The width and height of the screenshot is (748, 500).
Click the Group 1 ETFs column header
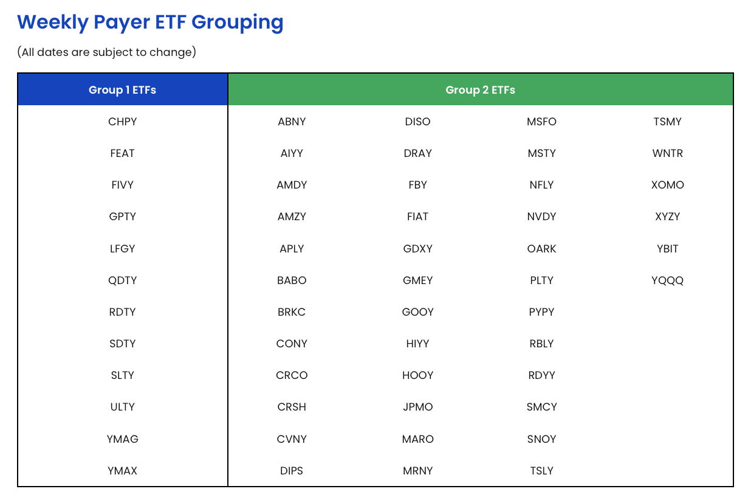[122, 90]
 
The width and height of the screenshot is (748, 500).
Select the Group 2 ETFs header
[480, 90]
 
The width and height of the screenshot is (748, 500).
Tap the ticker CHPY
[122, 122]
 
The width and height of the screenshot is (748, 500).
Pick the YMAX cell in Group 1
[122, 471]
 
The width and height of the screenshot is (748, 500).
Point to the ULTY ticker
[122, 407]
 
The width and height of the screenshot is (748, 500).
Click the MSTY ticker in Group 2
[541, 153]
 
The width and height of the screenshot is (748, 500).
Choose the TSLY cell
[541, 471]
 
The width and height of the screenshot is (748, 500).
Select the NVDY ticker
[541, 217]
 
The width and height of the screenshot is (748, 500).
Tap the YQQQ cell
[667, 280]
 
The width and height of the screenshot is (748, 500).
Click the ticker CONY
[292, 344]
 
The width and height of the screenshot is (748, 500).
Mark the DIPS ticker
[292, 471]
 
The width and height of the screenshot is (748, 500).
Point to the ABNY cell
[292, 122]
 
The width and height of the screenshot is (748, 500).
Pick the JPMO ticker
[417, 407]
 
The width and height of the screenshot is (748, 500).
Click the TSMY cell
[667, 122]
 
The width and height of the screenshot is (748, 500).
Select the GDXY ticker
[417, 249]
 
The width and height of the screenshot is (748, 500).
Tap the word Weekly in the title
[53, 23]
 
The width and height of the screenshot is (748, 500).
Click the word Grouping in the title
[237, 23]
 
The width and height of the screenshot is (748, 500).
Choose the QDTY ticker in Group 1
[122, 280]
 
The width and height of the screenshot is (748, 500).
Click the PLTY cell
[541, 280]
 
